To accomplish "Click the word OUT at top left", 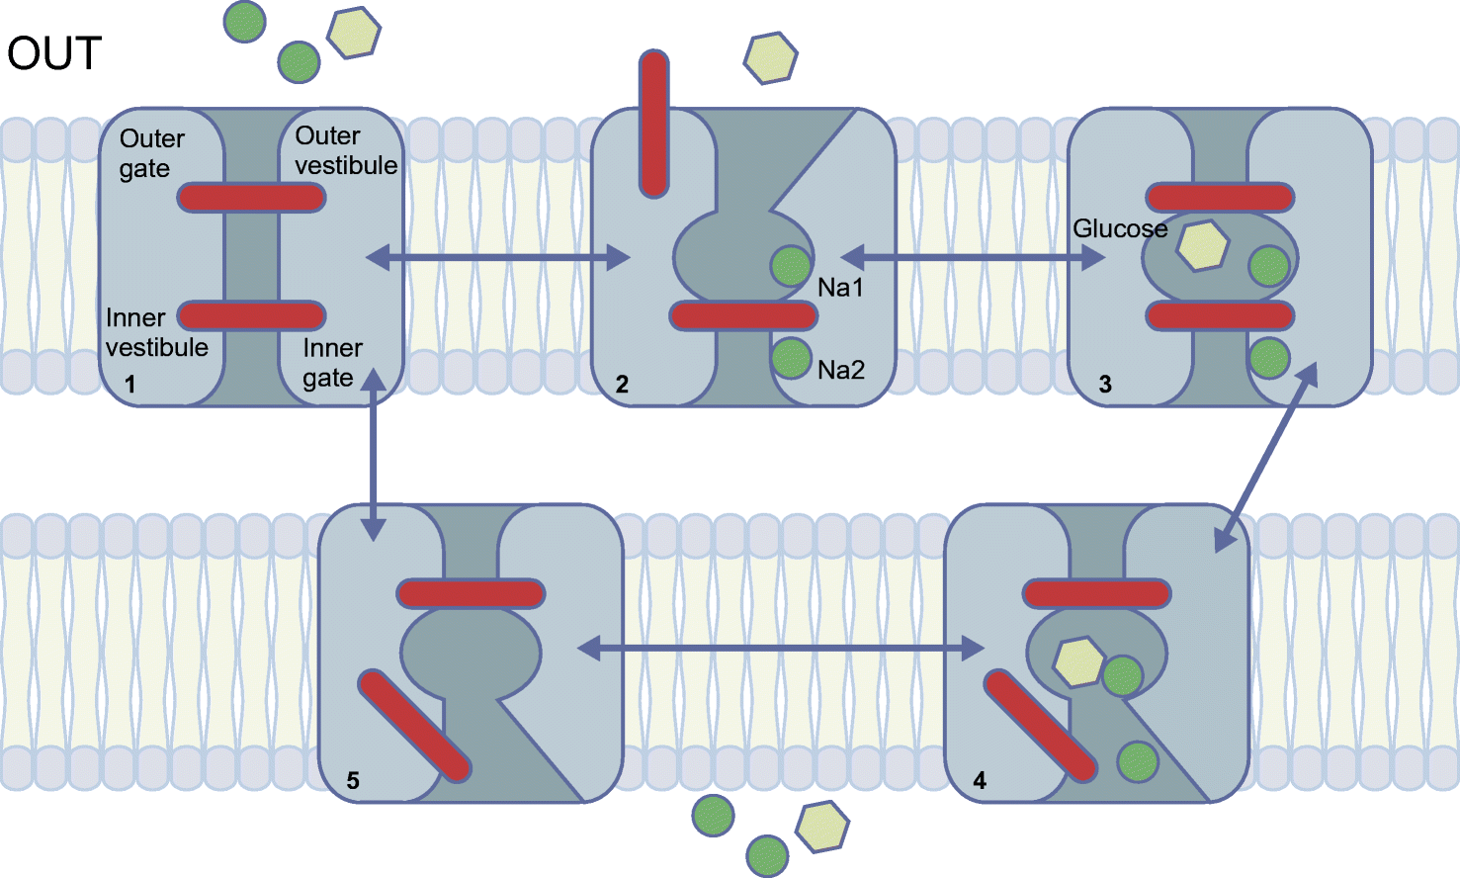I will pyautogui.click(x=54, y=53).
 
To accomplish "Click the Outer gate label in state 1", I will pyautogui.click(x=151, y=153).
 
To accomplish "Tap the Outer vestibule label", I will pyautogui.click(x=346, y=150).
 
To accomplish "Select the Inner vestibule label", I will pyautogui.click(x=156, y=332).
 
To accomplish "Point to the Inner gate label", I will pyautogui.click(x=332, y=363).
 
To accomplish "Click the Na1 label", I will pyautogui.click(x=840, y=288).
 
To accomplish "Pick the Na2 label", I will pyautogui.click(x=840, y=370).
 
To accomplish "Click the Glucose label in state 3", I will pyautogui.click(x=1120, y=229).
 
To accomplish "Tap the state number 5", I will pyautogui.click(x=353, y=781).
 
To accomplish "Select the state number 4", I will pyautogui.click(x=979, y=781).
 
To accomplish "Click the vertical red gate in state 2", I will pyautogui.click(x=653, y=125).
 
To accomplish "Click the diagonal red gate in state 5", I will pyautogui.click(x=414, y=726).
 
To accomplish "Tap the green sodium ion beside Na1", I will pyautogui.click(x=791, y=266).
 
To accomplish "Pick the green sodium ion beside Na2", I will pyautogui.click(x=791, y=358).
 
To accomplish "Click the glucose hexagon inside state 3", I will pyautogui.click(x=1202, y=246).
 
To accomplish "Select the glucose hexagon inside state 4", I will pyautogui.click(x=1078, y=661).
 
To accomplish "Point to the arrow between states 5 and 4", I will pyautogui.click(x=780, y=649).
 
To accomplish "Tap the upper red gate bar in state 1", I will pyautogui.click(x=251, y=198).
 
